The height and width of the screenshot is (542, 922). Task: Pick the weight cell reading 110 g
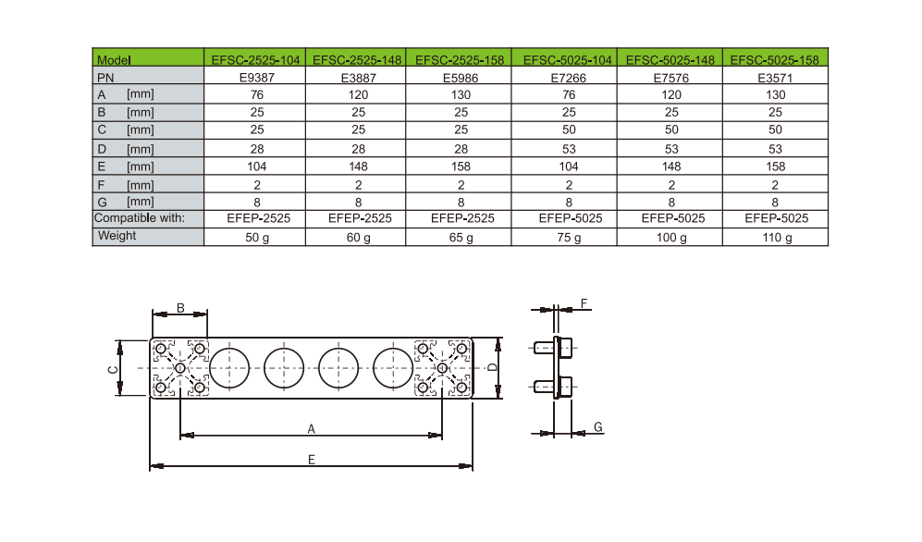click(776, 238)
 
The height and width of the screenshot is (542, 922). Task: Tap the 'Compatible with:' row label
click(140, 218)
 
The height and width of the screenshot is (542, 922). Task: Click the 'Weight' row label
click(117, 236)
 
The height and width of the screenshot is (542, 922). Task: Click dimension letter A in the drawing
click(312, 428)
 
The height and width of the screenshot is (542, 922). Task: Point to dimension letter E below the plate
click(312, 461)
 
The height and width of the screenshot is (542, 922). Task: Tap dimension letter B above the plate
click(180, 307)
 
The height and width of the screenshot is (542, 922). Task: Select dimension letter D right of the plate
click(493, 368)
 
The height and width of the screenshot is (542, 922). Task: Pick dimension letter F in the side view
click(584, 303)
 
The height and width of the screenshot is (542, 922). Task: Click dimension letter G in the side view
click(598, 426)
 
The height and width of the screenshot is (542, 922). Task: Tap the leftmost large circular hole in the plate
click(228, 368)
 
